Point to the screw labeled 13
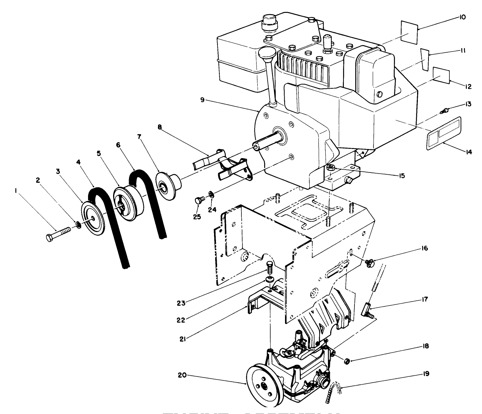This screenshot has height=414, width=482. (444, 111)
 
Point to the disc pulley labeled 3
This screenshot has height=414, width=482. (93, 220)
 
